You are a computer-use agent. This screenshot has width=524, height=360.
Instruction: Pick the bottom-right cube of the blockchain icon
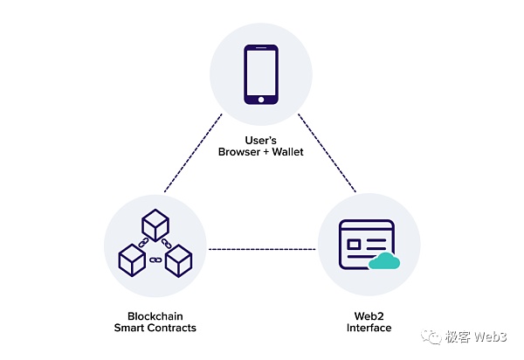coord(179,259)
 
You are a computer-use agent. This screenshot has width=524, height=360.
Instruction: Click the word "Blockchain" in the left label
coord(155,316)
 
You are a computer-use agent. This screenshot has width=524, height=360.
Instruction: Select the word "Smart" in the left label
coord(130,329)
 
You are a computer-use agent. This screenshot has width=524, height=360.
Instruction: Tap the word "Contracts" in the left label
coord(172,329)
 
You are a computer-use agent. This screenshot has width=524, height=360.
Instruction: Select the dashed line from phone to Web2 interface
coord(327,153)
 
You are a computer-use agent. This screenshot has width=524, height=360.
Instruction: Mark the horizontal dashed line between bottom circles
coord(262,250)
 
